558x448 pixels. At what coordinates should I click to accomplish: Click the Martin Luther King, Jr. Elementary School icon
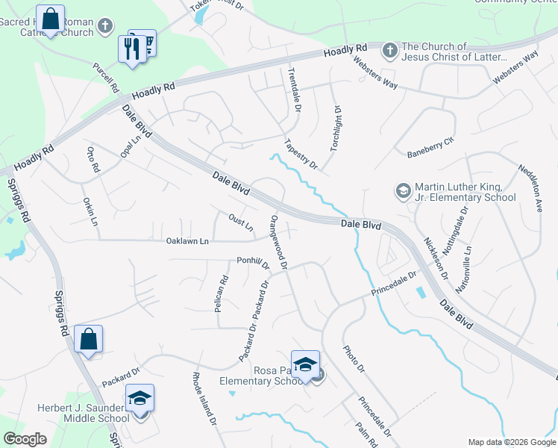(404, 191)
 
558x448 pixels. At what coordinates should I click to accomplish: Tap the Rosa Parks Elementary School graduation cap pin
(305, 364)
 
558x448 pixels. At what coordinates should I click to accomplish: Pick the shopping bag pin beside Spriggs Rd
(88, 340)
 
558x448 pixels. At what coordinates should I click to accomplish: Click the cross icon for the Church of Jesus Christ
(389, 52)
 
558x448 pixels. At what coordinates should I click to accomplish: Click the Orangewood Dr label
(279, 240)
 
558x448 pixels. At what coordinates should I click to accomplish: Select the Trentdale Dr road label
(294, 90)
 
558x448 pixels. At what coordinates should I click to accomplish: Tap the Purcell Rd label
(106, 75)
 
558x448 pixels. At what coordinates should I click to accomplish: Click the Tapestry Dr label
(301, 153)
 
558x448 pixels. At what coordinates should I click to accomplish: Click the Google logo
(25, 439)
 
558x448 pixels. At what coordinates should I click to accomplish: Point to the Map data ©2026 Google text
(511, 442)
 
